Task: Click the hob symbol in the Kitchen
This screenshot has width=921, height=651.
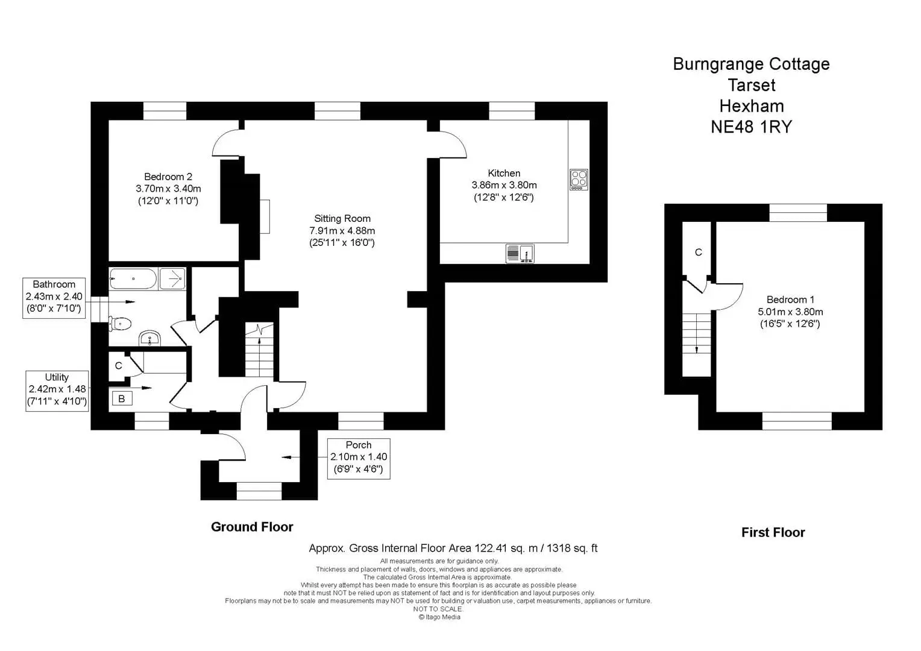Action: (579, 179)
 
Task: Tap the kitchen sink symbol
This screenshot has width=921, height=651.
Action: (520, 253)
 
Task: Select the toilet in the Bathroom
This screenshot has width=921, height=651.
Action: (120, 324)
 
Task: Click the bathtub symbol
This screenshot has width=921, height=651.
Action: (133, 278)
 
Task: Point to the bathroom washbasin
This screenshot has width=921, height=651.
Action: (149, 338)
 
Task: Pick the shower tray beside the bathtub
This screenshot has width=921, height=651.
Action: (172, 278)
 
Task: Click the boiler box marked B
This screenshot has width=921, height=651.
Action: (122, 398)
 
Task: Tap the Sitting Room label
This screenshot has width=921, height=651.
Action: (342, 218)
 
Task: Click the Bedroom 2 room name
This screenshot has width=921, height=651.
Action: (168, 177)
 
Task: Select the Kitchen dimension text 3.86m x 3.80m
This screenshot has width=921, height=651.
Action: (504, 185)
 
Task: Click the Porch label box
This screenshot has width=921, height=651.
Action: (359, 459)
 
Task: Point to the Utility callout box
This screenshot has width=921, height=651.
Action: (57, 391)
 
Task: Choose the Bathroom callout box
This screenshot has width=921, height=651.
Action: (54, 298)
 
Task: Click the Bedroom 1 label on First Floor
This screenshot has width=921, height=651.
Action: (790, 300)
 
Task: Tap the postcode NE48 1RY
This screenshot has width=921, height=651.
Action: (751, 127)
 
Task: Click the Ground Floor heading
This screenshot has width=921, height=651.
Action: (252, 527)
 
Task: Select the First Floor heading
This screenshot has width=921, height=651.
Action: (773, 533)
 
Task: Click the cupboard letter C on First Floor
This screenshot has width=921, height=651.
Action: (698, 252)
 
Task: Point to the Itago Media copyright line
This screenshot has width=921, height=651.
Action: (439, 617)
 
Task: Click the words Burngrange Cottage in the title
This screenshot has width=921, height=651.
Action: (751, 64)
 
